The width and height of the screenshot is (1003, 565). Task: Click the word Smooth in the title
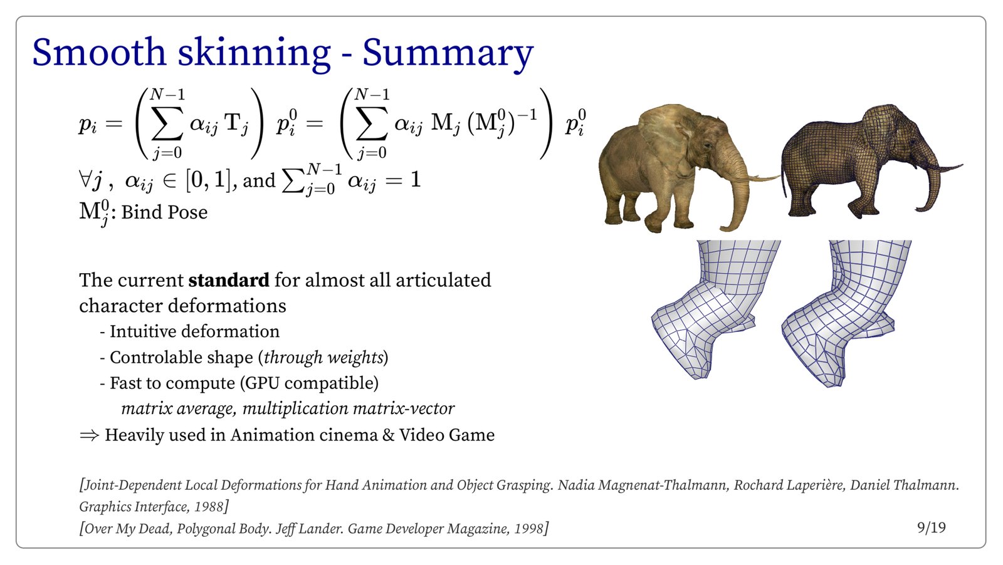coord(99,52)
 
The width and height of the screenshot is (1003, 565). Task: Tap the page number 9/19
coord(932,528)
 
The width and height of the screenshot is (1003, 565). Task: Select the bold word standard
coord(229,280)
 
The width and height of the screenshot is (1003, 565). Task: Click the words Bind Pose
coord(164,212)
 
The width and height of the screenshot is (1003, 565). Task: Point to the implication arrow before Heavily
coord(89,435)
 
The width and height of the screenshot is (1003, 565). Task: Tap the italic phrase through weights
coord(324,358)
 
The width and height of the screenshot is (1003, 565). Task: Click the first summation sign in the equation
coord(167,123)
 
